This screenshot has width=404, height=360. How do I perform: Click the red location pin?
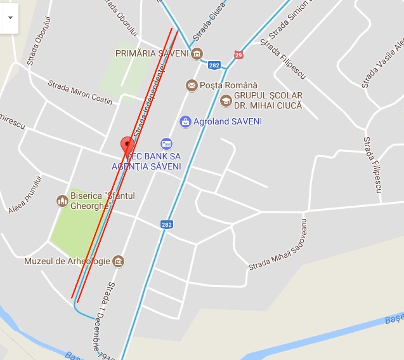click(x=127, y=144)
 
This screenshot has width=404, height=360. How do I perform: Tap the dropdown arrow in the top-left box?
click(x=10, y=18)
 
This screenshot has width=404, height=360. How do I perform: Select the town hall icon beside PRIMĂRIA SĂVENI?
click(x=197, y=53)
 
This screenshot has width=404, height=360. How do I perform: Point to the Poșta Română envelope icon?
click(x=191, y=85)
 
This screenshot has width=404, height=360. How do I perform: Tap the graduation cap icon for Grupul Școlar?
click(x=226, y=100)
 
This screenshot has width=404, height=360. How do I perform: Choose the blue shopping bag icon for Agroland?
click(x=185, y=121)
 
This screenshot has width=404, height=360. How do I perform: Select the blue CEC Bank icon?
click(x=166, y=144)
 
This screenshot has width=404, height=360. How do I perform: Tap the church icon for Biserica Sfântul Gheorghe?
click(x=62, y=201)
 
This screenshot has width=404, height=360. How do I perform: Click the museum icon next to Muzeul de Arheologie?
click(x=118, y=261)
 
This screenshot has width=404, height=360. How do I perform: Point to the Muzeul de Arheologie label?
click(x=66, y=261)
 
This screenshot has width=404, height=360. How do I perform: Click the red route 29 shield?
click(x=238, y=55)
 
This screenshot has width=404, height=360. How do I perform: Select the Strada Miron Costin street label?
click(x=80, y=92)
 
